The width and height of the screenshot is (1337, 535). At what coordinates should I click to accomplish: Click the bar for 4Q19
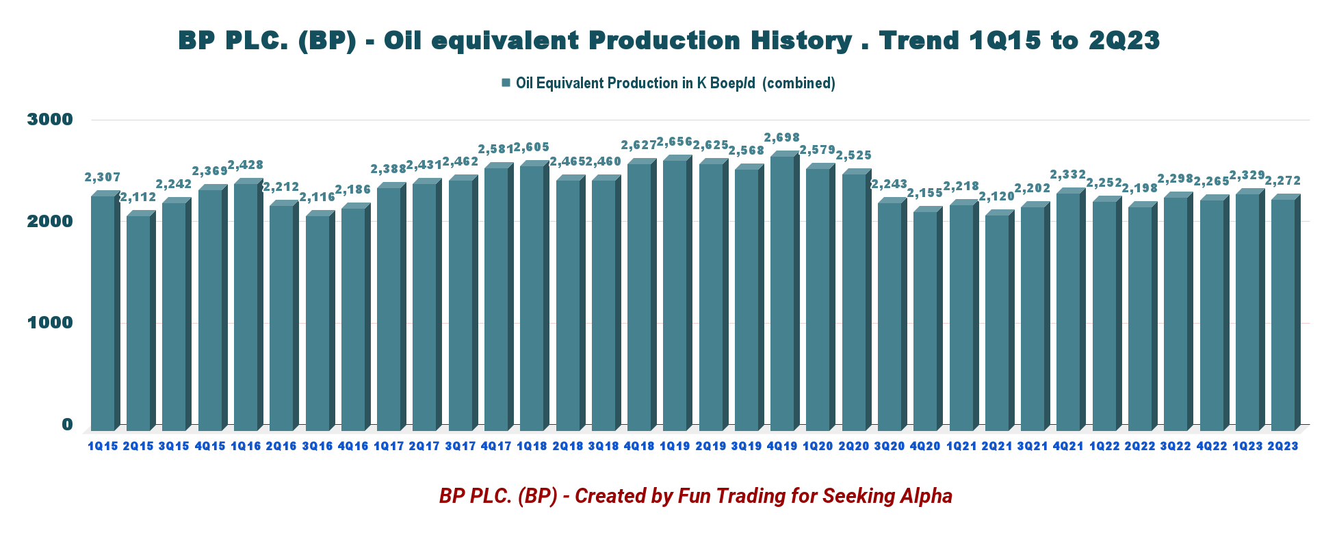point(782,294)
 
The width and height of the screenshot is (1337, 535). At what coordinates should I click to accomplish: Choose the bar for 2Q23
point(1283,315)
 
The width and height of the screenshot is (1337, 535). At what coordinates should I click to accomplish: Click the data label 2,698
point(782,138)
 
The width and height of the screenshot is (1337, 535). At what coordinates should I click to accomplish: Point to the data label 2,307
point(103,177)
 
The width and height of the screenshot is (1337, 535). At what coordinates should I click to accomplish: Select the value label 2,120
point(997,197)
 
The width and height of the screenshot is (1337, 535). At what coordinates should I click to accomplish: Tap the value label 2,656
point(675,142)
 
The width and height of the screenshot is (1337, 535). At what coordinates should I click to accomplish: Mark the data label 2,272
point(1283,181)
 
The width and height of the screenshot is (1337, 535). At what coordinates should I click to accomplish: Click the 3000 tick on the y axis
point(49,120)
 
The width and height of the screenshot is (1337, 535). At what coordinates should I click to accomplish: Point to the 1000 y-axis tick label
point(49,323)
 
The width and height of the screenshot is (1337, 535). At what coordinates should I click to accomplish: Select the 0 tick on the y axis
point(67,424)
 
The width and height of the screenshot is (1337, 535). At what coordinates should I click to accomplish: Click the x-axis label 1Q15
point(103,446)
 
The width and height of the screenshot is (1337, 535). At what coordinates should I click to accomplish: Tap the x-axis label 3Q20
point(890,446)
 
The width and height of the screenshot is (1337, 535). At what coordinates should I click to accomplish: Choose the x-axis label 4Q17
point(496,446)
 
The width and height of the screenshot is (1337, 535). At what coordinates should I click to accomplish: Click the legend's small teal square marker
point(506,83)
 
